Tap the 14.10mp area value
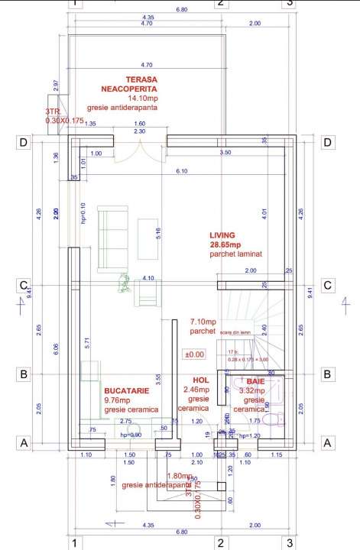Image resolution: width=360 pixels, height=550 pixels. point(143,99)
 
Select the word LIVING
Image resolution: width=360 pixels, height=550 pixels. point(222,235)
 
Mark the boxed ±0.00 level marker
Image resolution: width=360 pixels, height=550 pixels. point(194,354)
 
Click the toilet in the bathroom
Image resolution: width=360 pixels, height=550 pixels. point(278,419)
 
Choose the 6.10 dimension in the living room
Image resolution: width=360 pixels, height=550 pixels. point(181,171)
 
